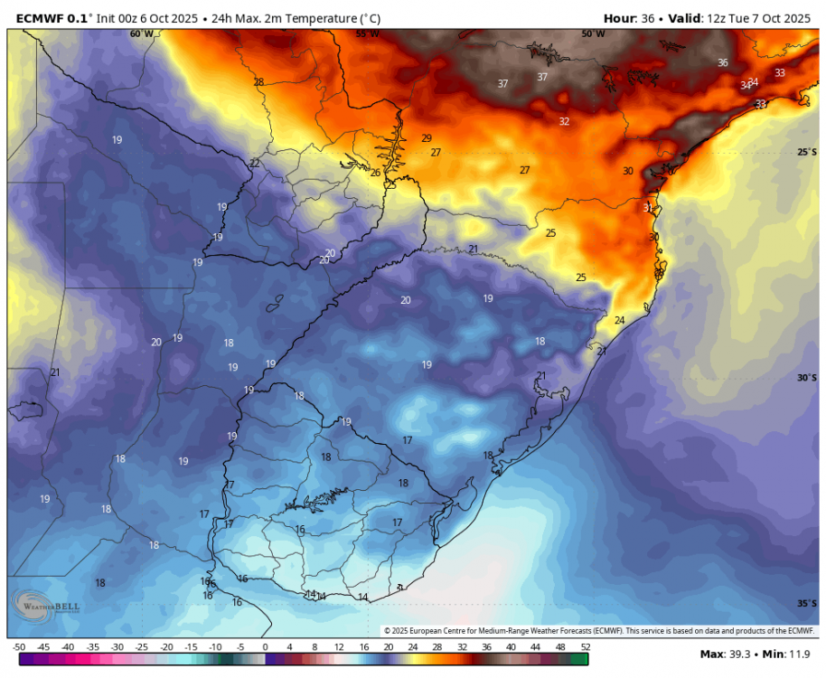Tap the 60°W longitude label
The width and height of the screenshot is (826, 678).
[x=141, y=33]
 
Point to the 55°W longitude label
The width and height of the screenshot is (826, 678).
[x=367, y=33]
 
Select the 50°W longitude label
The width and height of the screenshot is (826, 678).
[x=593, y=33]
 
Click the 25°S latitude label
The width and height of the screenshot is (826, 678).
[x=807, y=152]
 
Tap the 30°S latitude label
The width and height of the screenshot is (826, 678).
[x=807, y=378]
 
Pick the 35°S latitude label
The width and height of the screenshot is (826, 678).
[x=807, y=603]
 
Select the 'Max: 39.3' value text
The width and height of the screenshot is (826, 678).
[x=729, y=654]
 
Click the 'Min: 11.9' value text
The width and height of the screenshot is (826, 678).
[x=789, y=654]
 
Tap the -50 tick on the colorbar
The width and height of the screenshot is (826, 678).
[x=18, y=647]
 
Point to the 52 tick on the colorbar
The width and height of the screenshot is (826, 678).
[x=586, y=647]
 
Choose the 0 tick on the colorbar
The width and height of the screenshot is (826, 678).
[x=265, y=647]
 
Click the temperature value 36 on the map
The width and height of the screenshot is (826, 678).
[x=722, y=62]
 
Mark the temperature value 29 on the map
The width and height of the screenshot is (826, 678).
[x=427, y=138]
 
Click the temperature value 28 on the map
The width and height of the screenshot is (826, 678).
[x=258, y=82]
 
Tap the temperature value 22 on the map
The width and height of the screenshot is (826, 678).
[x=255, y=164]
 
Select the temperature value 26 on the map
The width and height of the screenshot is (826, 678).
[x=375, y=173]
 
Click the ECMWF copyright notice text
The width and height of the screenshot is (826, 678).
[x=599, y=630]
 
